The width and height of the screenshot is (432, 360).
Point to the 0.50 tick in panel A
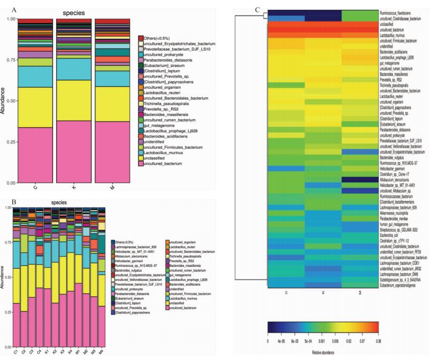(10, 101)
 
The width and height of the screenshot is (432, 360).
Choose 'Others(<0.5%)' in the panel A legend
(160, 38)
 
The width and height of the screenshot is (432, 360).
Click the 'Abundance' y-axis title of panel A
(5, 101)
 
